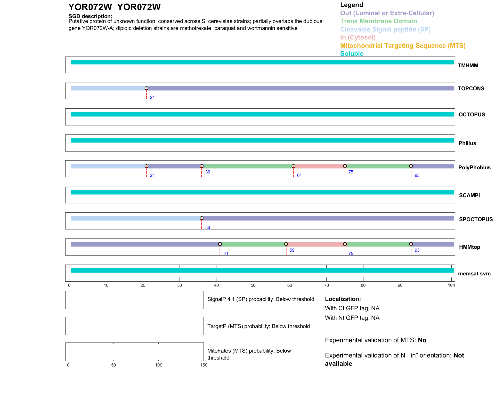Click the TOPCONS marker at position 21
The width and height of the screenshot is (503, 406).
point(146,88)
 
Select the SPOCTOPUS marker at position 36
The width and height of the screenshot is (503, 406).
point(201,218)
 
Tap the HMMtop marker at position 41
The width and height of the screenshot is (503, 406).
point(220,244)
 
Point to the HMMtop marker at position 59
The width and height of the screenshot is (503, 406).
point(286,244)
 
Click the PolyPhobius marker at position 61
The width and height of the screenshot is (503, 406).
point(293,166)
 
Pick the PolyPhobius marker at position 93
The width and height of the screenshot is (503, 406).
point(411,166)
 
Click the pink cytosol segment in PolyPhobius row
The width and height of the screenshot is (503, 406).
point(319,166)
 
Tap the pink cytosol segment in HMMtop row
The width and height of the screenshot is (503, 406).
point(315,244)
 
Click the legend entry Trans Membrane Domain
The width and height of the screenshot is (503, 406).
point(378,21)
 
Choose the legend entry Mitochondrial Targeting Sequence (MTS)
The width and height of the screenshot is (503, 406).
point(403,46)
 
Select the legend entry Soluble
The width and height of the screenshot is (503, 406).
point(352,54)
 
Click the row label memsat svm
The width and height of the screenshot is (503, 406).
point(474,274)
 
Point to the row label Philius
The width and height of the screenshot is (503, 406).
point(467,143)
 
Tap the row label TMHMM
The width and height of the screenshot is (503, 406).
point(468,66)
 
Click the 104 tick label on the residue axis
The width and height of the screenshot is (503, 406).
point(451,285)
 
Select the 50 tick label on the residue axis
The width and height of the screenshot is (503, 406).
point(253,285)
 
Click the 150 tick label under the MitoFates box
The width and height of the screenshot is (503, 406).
point(204,365)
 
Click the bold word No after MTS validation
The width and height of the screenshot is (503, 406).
point(422,340)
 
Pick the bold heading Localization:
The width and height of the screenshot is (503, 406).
point(343,299)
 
